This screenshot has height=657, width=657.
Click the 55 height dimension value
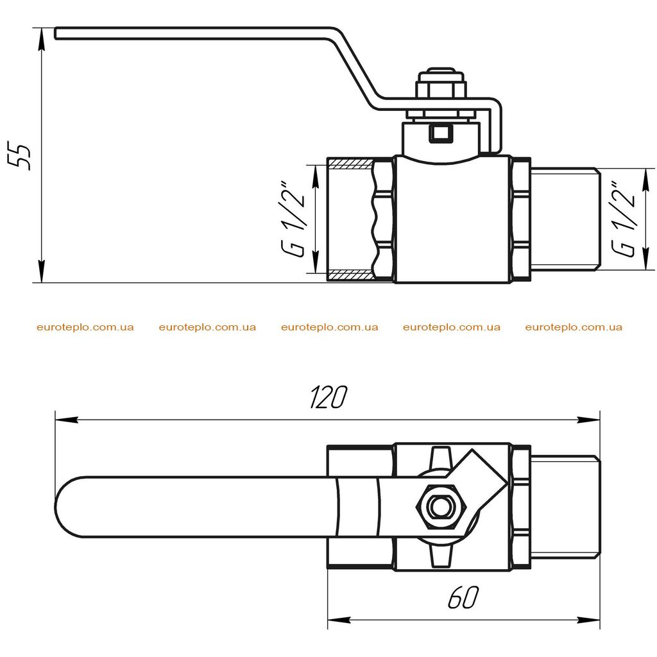click(19, 156)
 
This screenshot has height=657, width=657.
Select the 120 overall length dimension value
click(328, 397)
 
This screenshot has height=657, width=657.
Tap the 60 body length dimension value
click(463, 597)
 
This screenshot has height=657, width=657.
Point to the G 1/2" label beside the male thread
click(624, 219)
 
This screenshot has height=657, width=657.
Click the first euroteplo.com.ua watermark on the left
click(85, 327)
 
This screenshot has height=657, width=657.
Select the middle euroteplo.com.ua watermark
click(329, 327)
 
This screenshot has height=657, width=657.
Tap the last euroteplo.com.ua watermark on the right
click(574, 327)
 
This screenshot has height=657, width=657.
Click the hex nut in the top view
click(440, 507)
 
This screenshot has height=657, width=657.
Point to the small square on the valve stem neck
click(440, 133)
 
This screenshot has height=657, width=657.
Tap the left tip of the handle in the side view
click(56, 33)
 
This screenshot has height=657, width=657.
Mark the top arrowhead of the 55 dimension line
click(41, 38)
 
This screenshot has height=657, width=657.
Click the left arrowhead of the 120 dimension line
click(67, 420)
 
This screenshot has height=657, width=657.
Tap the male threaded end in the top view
click(566, 507)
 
